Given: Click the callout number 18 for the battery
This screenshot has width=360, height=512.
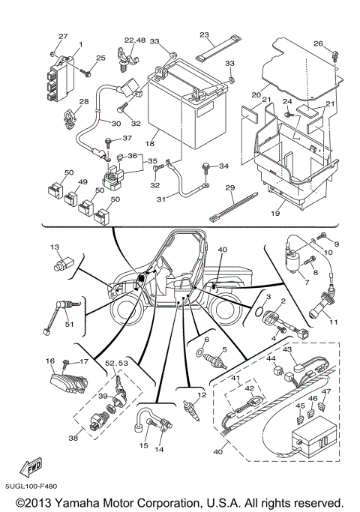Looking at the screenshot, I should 149,142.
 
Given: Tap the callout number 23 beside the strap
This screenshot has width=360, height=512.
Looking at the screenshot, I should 204,35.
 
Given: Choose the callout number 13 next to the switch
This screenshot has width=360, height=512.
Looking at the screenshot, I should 54,247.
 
